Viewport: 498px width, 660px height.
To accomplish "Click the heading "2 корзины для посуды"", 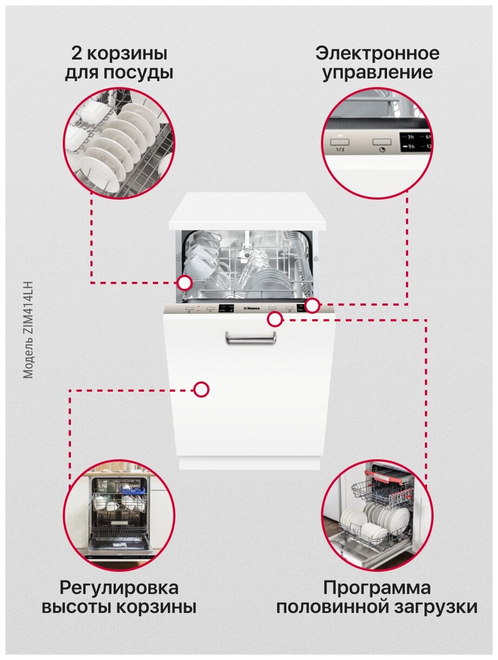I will click(119, 63).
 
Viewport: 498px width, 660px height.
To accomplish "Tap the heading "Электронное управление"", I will click(377, 63).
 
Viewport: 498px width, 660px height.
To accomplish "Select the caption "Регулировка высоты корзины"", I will click(119, 597).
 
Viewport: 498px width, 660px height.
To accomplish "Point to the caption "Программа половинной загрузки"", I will click(377, 597).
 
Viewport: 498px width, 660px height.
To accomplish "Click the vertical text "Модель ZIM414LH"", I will click(29, 329).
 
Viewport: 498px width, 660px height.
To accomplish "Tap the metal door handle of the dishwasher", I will click(250, 338).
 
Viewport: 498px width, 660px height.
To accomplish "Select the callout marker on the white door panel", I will click(201, 390).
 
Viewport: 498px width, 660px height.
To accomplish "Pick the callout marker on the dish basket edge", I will click(185, 282).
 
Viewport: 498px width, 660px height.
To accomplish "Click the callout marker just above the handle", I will click(275, 320).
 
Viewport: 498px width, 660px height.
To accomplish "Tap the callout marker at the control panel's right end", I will click(312, 306).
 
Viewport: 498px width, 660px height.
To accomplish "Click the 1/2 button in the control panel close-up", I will click(340, 143).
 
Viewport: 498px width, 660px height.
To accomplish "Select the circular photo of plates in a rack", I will click(119, 143).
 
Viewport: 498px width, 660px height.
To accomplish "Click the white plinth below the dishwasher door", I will click(249, 463).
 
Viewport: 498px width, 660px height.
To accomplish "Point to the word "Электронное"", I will click(377, 54).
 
